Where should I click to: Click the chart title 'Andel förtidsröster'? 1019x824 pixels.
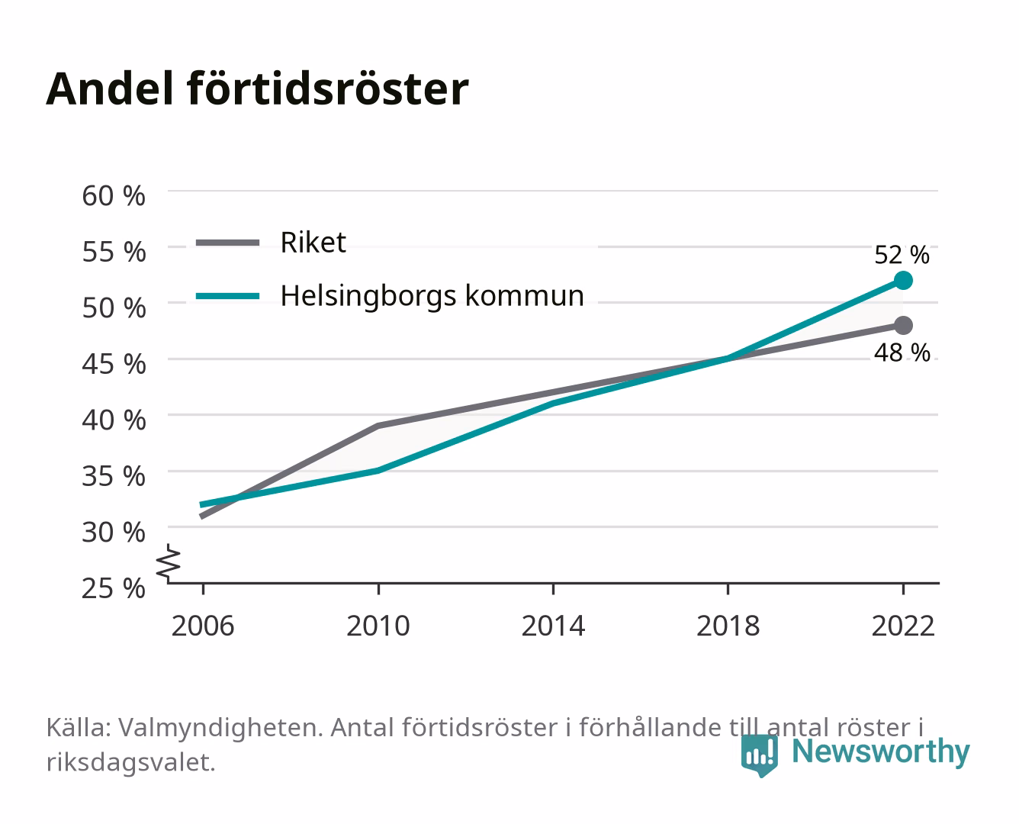coord(257,89)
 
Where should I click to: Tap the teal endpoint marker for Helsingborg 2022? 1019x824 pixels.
coord(903,281)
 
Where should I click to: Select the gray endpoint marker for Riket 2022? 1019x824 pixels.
coord(903,325)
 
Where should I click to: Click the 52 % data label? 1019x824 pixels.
coord(902,255)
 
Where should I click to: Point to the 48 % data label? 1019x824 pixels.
coord(902,352)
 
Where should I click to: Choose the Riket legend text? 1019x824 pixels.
coord(313,242)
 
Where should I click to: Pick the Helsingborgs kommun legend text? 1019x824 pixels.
coord(432,296)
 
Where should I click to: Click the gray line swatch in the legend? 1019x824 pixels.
coord(228,243)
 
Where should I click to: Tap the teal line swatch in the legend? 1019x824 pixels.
coord(228,296)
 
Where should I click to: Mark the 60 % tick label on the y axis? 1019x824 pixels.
coord(114,196)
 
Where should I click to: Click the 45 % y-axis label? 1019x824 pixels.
coord(114,364)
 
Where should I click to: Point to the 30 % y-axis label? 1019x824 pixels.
coord(114,532)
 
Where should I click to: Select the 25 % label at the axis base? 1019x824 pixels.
coord(114,588)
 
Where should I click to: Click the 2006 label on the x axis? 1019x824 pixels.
coord(203,626)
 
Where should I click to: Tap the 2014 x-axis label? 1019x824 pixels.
coord(553,626)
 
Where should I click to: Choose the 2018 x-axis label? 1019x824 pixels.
coord(728,626)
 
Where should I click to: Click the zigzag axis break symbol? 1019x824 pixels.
coord(169,563)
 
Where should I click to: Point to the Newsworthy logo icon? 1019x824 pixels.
coord(759,755)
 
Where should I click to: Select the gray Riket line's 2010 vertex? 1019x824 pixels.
coord(378,426)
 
